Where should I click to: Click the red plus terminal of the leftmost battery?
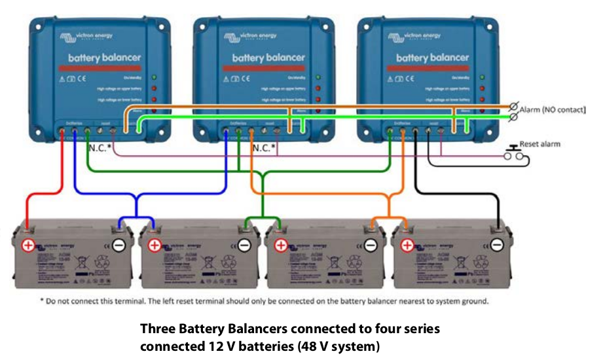(x=28, y=246)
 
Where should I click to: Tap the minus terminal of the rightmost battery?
(x=497, y=245)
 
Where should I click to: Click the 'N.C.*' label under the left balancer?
(x=100, y=149)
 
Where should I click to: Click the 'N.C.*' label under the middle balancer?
(x=264, y=149)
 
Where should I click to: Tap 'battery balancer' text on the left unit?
(x=103, y=57)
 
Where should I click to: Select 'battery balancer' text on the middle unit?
(x=268, y=58)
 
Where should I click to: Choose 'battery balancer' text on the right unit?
(x=432, y=58)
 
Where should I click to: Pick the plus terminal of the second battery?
(x=155, y=246)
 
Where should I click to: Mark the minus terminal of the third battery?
(x=371, y=245)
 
